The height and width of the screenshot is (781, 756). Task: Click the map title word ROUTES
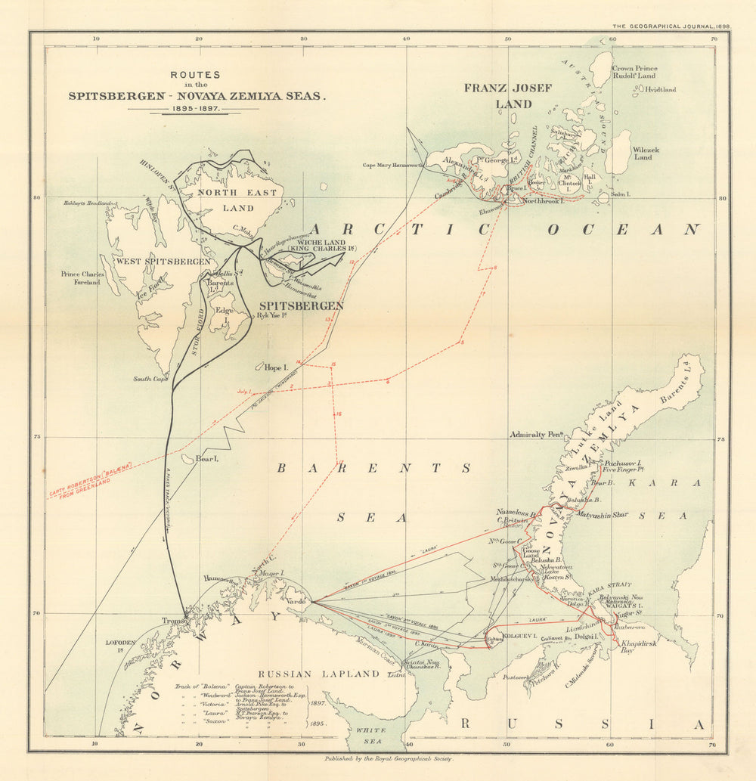[x=195, y=75]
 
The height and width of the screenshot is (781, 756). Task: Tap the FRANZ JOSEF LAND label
[x=508, y=95]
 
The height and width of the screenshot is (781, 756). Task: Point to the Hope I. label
[x=277, y=367]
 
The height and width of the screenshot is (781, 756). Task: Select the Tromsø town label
[x=175, y=621]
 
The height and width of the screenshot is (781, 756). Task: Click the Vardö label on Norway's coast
[x=297, y=601]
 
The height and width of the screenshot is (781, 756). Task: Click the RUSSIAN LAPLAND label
[x=318, y=673]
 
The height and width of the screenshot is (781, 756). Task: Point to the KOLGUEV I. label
[x=516, y=636]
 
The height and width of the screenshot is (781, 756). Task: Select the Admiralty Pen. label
[x=538, y=435]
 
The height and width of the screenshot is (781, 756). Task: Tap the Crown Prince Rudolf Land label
[x=634, y=72]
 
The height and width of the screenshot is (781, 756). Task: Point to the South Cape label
[x=150, y=379]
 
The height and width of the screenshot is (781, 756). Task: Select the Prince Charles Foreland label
[x=81, y=277]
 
